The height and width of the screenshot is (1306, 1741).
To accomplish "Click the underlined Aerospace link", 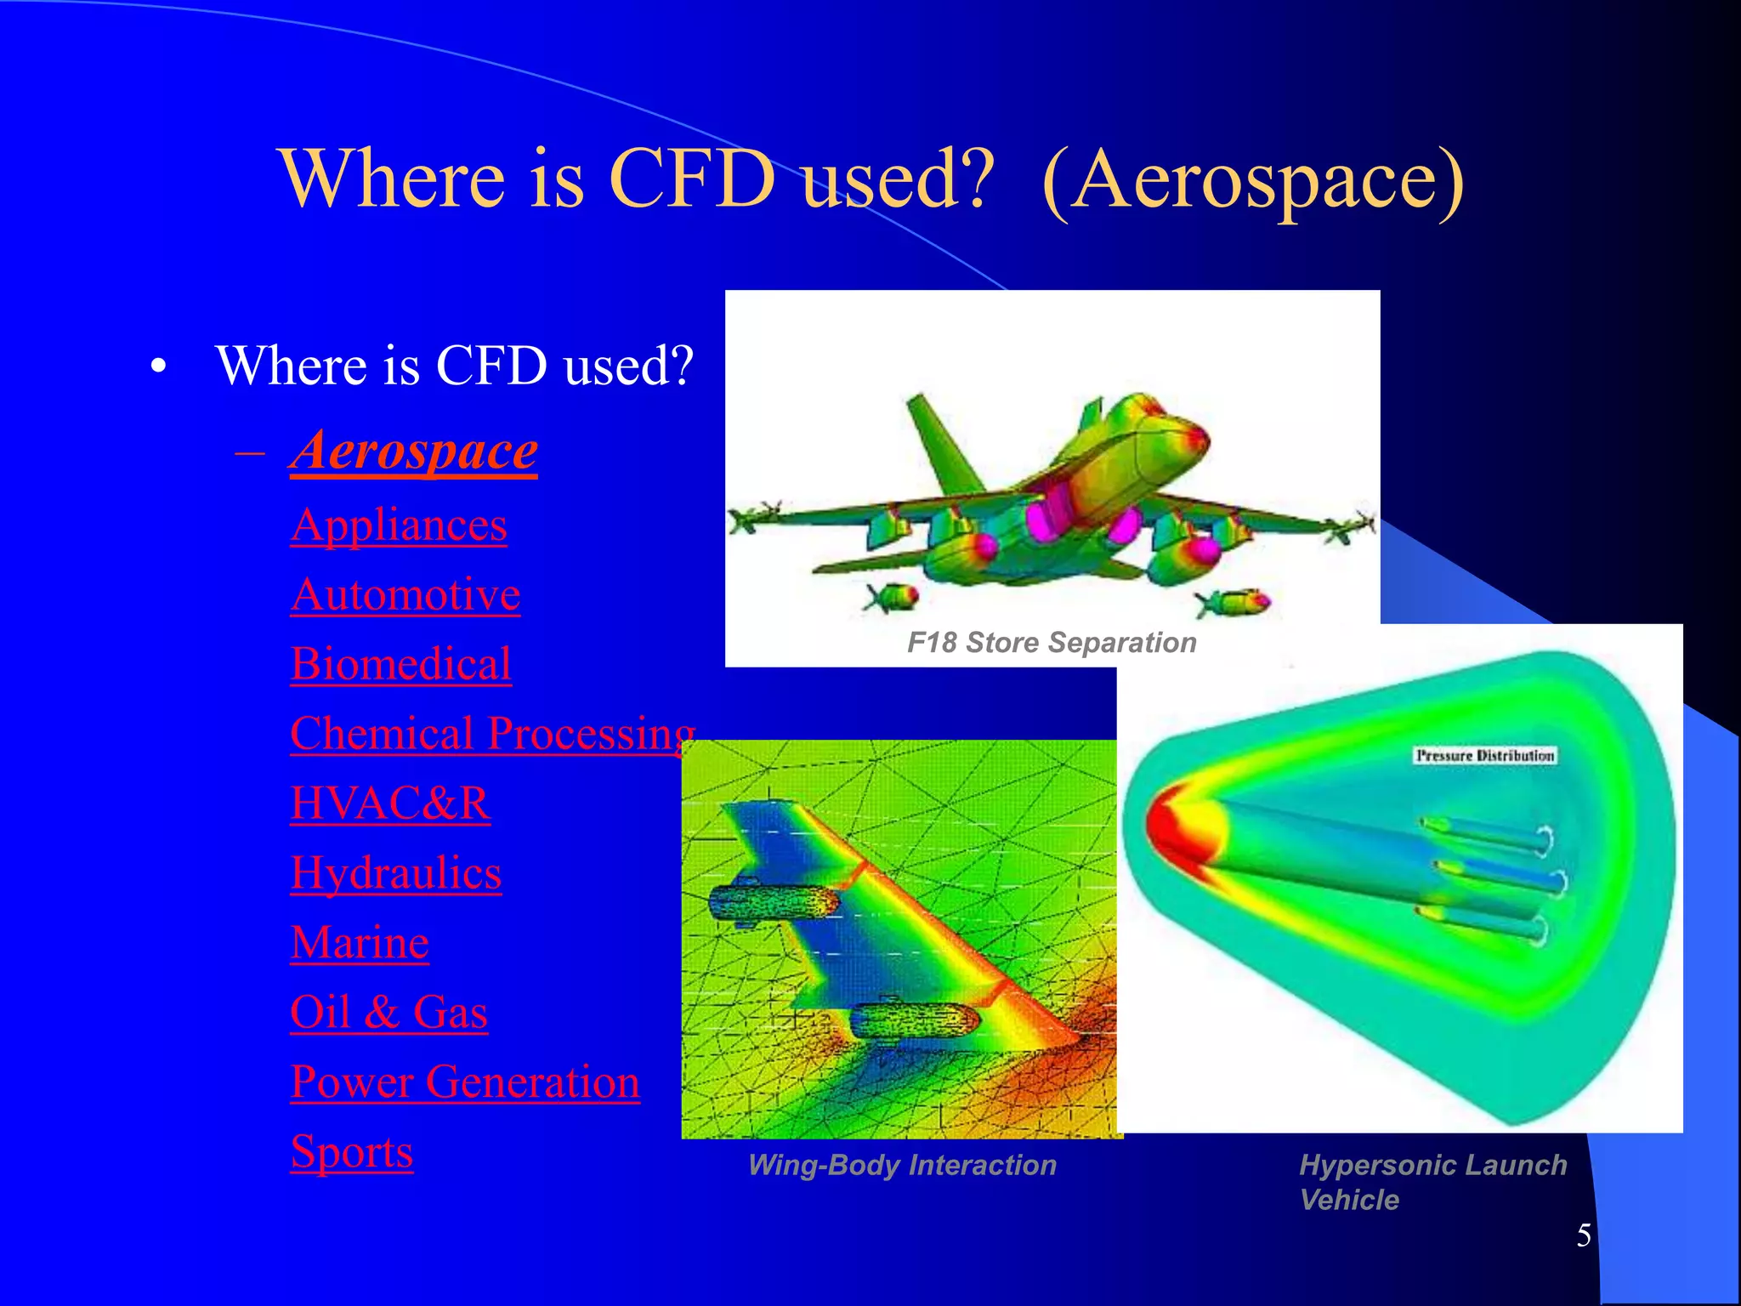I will tap(413, 451).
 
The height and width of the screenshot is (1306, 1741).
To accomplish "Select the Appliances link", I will tap(399, 525).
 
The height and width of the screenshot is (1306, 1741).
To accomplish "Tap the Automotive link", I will tap(405, 594).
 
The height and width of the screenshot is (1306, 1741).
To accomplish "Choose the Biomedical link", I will tap(400, 664).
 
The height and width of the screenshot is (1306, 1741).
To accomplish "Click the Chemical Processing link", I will tap(492, 733).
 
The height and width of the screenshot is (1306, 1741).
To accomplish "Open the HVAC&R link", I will tap(390, 803).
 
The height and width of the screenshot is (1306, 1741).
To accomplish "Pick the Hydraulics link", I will tap(395, 873).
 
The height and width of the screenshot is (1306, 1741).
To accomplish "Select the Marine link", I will tap(360, 943).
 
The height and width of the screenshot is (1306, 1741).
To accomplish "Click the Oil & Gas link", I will tap(388, 1012).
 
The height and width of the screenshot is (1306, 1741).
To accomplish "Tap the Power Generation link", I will tap(464, 1082).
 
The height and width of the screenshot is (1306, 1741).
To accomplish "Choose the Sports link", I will tap(351, 1151).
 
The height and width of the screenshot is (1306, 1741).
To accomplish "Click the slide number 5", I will tap(1583, 1235).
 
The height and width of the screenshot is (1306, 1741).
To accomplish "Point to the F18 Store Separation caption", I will tap(1052, 643).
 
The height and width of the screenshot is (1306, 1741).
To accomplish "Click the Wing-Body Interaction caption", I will tap(902, 1165).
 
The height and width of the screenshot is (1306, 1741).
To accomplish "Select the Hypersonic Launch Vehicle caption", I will tap(1432, 1182).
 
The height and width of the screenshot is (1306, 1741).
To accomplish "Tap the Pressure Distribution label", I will tap(1484, 755).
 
